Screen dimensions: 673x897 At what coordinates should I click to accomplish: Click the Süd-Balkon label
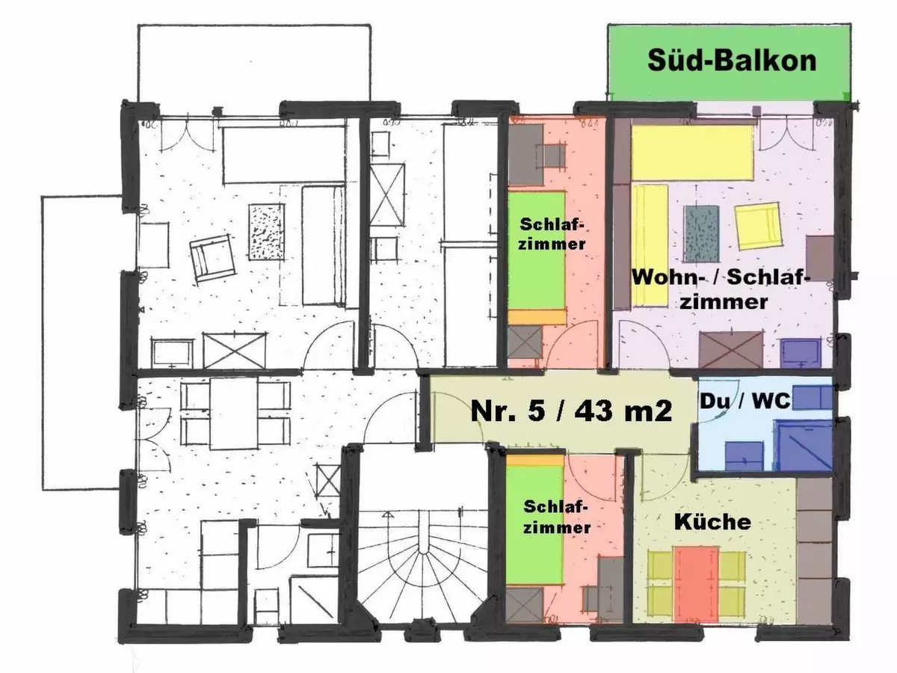click(x=730, y=61)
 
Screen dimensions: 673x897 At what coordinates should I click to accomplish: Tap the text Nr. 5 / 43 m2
click(x=570, y=411)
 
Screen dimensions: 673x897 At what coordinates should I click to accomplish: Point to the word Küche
click(x=712, y=521)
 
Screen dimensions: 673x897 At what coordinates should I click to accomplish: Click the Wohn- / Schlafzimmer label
click(x=721, y=289)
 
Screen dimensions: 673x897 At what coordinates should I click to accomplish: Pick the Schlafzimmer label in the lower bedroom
click(x=557, y=516)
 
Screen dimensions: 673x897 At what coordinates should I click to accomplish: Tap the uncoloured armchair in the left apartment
click(x=212, y=259)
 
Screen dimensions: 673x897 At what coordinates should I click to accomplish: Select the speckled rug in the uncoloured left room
click(x=266, y=232)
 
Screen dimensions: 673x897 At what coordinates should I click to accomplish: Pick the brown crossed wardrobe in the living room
click(x=730, y=351)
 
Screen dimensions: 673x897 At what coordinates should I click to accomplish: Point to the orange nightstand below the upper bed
click(x=537, y=316)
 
